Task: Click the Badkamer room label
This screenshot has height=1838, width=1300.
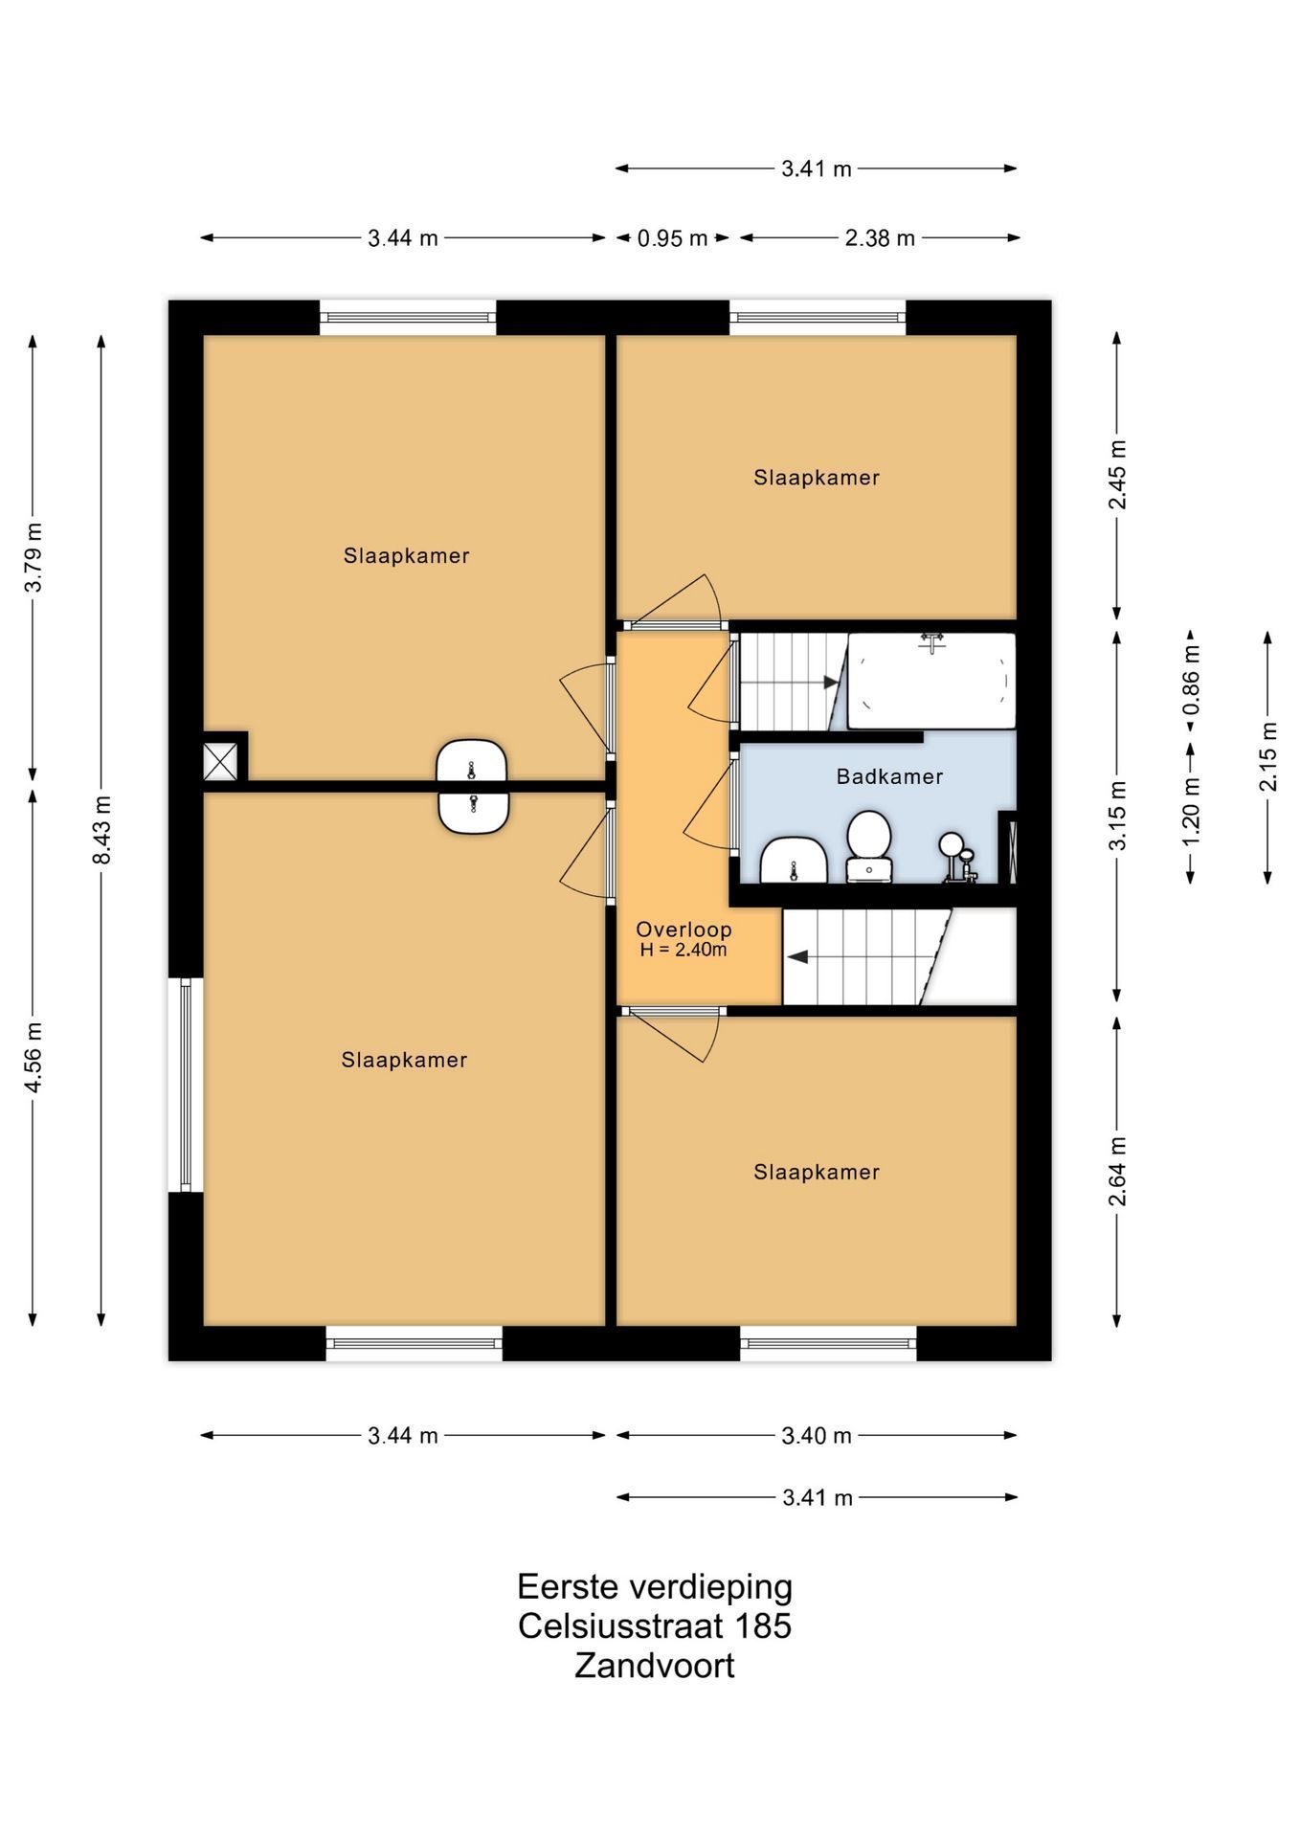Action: coord(889,776)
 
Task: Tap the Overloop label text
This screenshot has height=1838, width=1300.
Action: coord(684,929)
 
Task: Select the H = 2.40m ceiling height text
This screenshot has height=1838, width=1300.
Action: coord(684,951)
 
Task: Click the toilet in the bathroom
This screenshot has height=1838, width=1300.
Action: coord(869,845)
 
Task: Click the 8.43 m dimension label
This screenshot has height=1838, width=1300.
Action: coord(102,829)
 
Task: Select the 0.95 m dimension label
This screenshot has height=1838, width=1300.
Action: coord(672,238)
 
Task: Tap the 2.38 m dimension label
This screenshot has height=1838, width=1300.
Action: coord(880,238)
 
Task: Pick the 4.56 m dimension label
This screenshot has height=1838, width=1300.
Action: coord(34,1057)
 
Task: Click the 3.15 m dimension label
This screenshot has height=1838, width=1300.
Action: coord(1117,816)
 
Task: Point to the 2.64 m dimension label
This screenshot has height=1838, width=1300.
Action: coord(1117,1172)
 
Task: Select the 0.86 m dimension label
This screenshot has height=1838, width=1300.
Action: coord(1191,680)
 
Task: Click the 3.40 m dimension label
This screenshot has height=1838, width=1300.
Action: coord(817,1436)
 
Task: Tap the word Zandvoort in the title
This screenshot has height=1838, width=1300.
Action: coord(655,1666)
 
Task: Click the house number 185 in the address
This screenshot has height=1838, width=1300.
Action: coord(763,1625)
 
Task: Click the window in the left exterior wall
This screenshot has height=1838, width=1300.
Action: coord(186,1085)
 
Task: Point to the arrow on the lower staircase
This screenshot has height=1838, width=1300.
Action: coord(796,956)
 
